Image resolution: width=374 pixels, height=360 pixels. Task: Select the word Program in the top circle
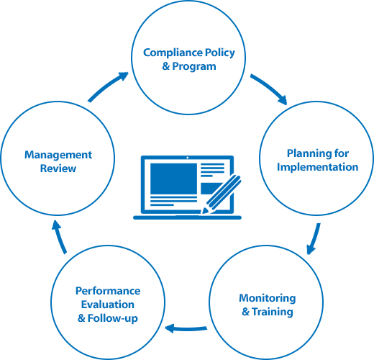pyautogui.click(x=194, y=67)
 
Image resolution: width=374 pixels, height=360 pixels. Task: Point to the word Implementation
pyautogui.click(x=318, y=167)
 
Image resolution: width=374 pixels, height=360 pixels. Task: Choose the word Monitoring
pyautogui.click(x=268, y=299)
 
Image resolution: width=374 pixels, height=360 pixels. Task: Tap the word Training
pyautogui.click(x=273, y=312)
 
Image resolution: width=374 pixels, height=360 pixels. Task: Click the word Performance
pyautogui.click(x=108, y=291)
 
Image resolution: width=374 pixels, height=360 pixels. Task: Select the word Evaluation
pyautogui.click(x=108, y=305)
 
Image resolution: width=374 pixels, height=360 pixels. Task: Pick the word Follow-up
pyautogui.click(x=113, y=319)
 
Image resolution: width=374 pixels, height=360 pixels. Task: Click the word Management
pyautogui.click(x=58, y=156)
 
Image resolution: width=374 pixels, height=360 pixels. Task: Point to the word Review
pyautogui.click(x=58, y=168)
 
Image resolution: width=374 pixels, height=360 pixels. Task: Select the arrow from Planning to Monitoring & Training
pyautogui.click(x=314, y=239)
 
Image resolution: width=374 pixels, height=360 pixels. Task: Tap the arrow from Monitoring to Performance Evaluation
pyautogui.click(x=186, y=328)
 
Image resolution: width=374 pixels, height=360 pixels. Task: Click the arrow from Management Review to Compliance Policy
pyautogui.click(x=106, y=86)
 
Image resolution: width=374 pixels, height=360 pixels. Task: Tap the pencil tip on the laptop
pyautogui.click(x=202, y=212)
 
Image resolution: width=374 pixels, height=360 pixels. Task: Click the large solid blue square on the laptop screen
pyautogui.click(x=173, y=179)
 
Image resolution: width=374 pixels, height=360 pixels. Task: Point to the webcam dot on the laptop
pyautogui.click(x=188, y=158)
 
